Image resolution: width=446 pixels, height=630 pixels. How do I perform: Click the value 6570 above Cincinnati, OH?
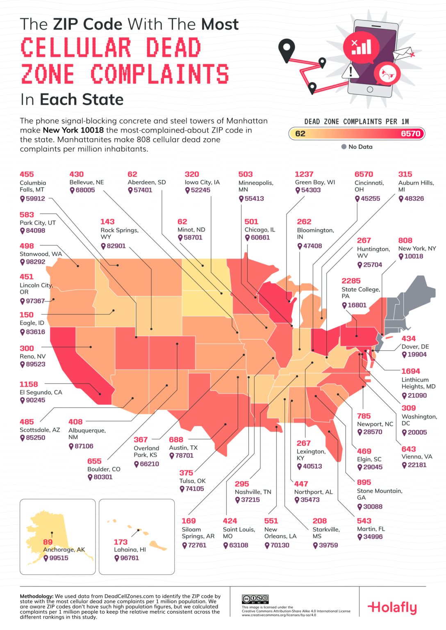click(364, 174)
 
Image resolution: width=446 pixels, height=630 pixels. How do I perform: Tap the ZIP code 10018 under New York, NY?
click(414, 256)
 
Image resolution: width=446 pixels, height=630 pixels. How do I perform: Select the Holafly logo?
click(392, 607)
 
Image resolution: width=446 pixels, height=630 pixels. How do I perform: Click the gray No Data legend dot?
click(344, 147)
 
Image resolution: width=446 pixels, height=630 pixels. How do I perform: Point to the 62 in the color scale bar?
click(300, 134)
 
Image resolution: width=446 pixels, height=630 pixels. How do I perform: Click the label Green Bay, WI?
click(315, 182)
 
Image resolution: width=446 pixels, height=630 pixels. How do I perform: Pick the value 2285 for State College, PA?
click(351, 281)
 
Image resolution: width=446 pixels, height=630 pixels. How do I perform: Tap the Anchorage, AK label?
click(64, 550)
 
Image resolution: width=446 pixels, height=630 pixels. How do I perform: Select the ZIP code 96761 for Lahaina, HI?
click(130, 558)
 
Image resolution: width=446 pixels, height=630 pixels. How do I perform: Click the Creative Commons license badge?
click(255, 599)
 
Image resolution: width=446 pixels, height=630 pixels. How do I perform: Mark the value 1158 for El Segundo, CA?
click(29, 384)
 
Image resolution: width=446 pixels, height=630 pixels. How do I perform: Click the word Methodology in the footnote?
click(36, 596)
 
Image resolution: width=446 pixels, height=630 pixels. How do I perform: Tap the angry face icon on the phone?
click(387, 74)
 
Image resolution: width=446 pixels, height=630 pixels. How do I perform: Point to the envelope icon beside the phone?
click(403, 53)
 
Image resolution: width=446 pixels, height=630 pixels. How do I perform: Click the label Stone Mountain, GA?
click(379, 494)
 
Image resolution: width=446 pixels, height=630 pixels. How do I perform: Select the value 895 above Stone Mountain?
click(364, 482)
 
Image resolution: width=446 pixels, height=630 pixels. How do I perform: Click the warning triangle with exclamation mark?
click(350, 71)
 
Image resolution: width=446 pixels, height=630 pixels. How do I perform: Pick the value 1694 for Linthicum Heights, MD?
click(410, 371)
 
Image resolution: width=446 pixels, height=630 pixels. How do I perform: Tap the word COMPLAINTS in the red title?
click(159, 74)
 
